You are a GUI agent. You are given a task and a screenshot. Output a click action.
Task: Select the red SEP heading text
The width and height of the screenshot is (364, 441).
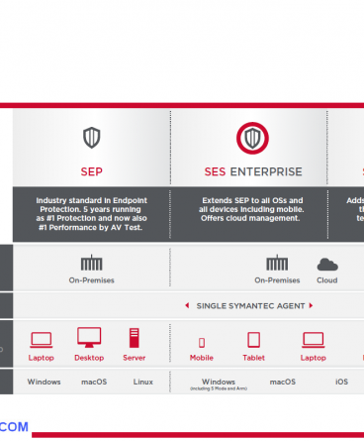tap(91, 170)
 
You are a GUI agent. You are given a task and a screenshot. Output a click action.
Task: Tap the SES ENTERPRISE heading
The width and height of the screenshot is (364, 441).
tap(253, 170)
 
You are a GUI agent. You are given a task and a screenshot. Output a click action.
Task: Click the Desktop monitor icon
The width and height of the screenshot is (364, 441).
tap(89, 339)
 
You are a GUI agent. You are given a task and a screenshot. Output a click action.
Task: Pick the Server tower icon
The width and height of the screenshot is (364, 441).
tap(135, 339)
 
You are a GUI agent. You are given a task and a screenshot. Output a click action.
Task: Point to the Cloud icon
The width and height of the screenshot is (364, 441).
tap(326, 265)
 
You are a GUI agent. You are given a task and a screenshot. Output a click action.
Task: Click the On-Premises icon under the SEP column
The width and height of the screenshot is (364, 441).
tap(91, 264)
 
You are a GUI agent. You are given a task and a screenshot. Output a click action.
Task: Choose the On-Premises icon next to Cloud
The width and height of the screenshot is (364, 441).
tap(277, 264)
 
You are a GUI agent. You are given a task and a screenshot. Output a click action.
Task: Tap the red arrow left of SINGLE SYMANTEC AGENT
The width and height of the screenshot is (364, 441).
tap(188, 305)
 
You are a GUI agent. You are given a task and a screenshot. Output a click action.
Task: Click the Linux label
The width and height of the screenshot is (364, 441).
tap(142, 382)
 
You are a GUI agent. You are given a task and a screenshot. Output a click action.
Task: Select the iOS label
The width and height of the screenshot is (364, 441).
tap(341, 382)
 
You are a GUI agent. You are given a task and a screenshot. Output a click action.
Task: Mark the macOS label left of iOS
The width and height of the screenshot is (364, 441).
tap(283, 382)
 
